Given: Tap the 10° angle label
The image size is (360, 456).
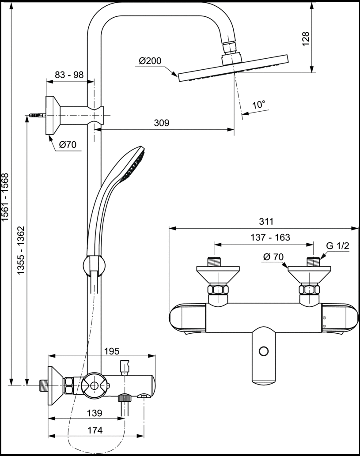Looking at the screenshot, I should click(259, 105).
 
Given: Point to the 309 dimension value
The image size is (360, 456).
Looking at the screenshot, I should click(162, 123).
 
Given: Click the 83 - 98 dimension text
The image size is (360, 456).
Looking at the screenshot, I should click(69, 75).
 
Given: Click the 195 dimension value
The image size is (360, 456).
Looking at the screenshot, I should click(112, 351).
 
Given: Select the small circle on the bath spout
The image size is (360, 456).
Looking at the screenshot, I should click(264, 351).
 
